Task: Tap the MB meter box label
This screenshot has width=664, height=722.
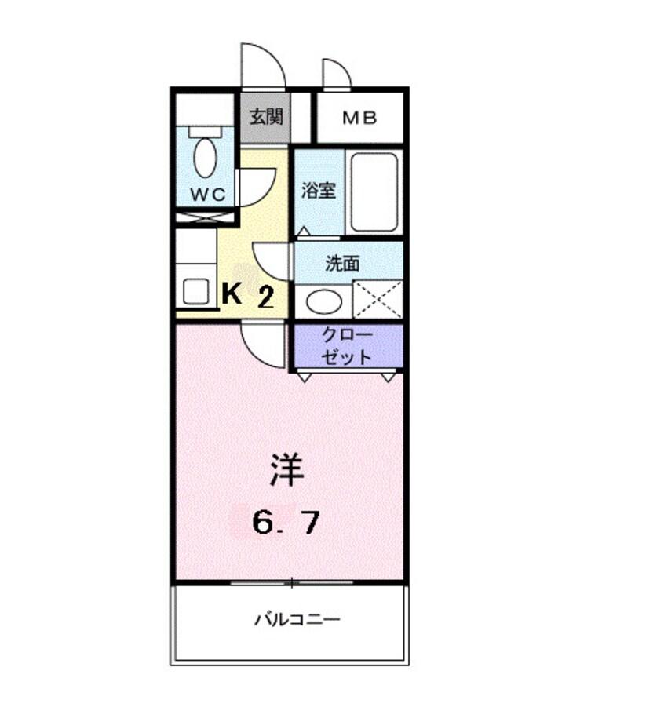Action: tap(360, 119)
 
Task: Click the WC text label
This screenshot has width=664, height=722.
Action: tap(206, 194)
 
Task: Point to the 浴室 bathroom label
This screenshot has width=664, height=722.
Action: tap(319, 191)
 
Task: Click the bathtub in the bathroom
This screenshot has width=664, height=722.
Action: tap(374, 192)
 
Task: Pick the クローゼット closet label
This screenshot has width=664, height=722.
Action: tap(348, 346)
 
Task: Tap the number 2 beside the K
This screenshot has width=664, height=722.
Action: tap(265, 297)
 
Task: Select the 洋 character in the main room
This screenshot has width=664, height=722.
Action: tap(286, 471)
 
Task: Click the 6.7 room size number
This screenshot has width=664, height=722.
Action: tap(286, 521)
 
